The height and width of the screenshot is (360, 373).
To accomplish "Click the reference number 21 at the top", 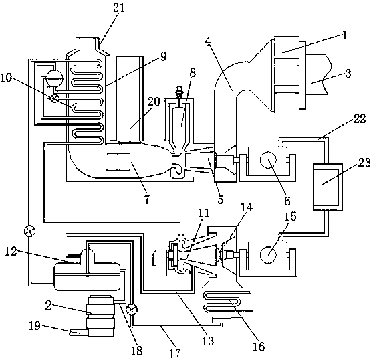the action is pos(119,8).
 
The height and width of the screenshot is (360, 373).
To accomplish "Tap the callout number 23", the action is pos(364,163).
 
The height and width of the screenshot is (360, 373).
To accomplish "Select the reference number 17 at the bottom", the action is pos(175,353).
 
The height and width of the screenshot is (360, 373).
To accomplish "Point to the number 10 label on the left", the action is pos(7,78).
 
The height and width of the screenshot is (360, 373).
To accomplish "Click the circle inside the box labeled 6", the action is pos(268,159).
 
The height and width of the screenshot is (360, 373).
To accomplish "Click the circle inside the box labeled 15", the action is pos(268,254).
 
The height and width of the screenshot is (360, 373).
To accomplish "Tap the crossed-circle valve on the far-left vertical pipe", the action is pos(29,231).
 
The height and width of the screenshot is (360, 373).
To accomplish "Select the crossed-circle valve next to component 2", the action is pos(132,310).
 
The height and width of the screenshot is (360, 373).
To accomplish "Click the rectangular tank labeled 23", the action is pos(328,187).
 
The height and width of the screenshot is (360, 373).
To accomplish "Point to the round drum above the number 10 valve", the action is pos(54,78).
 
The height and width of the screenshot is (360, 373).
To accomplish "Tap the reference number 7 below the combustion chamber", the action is pos(147,199).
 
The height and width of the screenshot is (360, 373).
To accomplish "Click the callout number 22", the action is pos(359,119).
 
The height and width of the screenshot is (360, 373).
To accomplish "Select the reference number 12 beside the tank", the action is pos(11,252).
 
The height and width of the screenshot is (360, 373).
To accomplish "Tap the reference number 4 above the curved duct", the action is pos(208,41).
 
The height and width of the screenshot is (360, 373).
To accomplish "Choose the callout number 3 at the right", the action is pos(348,74).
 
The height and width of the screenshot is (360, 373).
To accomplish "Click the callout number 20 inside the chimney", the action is pos(154,102).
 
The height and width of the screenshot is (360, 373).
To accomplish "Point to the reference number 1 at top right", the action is pos(344,35).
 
